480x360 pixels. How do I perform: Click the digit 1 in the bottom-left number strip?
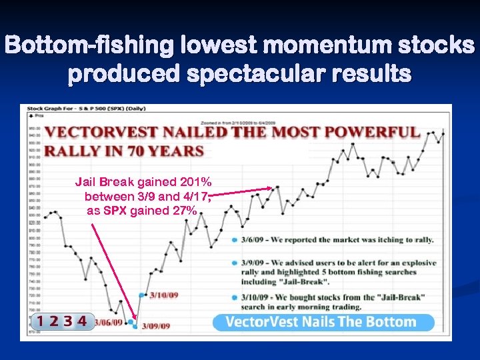41,321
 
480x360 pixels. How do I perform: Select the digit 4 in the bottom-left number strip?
81,321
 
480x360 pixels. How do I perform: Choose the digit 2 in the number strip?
54,321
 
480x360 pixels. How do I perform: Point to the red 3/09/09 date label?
156,326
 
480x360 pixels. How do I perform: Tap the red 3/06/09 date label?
109,322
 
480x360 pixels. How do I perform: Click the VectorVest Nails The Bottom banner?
323,322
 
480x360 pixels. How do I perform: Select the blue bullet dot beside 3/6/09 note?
234,240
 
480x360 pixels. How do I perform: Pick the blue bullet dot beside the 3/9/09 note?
234,263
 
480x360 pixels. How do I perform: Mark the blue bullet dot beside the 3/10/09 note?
234,297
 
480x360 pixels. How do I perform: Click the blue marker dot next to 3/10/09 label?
141,295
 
